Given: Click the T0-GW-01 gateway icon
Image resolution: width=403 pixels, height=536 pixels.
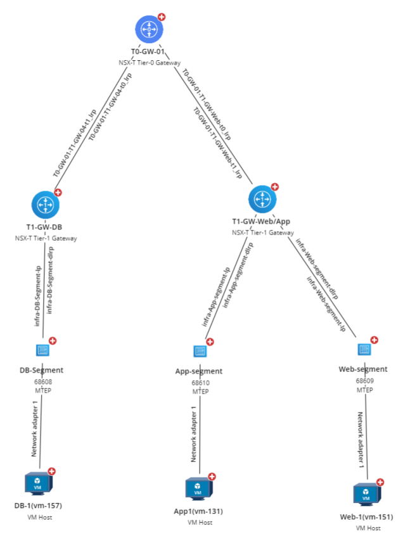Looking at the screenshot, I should tap(149, 29).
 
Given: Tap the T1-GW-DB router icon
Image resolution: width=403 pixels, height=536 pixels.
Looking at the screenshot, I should tap(45, 204).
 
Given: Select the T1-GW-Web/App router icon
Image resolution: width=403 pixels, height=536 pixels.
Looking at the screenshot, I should tap(261, 199).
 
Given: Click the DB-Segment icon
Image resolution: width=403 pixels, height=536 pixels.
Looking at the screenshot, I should tap(42, 349).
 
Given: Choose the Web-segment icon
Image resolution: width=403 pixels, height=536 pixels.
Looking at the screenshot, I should tap(364, 349).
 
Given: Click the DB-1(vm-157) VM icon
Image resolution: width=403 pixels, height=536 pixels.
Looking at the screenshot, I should tap(37, 483).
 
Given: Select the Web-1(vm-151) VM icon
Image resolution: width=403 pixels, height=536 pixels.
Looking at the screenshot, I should tap(364, 494).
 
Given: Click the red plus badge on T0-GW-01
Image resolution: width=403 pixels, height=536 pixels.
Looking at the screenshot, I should tap(162, 16).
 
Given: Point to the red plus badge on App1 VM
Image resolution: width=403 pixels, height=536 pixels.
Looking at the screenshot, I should tap(212, 477).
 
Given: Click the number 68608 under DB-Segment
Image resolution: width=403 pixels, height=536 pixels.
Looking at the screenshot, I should tap(44, 382).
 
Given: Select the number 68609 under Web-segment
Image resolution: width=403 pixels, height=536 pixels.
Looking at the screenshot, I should tap(365, 381).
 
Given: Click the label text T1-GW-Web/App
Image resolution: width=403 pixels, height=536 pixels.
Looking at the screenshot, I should tap(262, 222).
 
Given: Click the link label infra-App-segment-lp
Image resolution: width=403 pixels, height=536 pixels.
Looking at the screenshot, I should tap(215, 297).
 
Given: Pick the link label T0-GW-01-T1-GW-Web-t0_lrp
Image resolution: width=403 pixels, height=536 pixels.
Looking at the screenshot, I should tap(207, 105).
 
